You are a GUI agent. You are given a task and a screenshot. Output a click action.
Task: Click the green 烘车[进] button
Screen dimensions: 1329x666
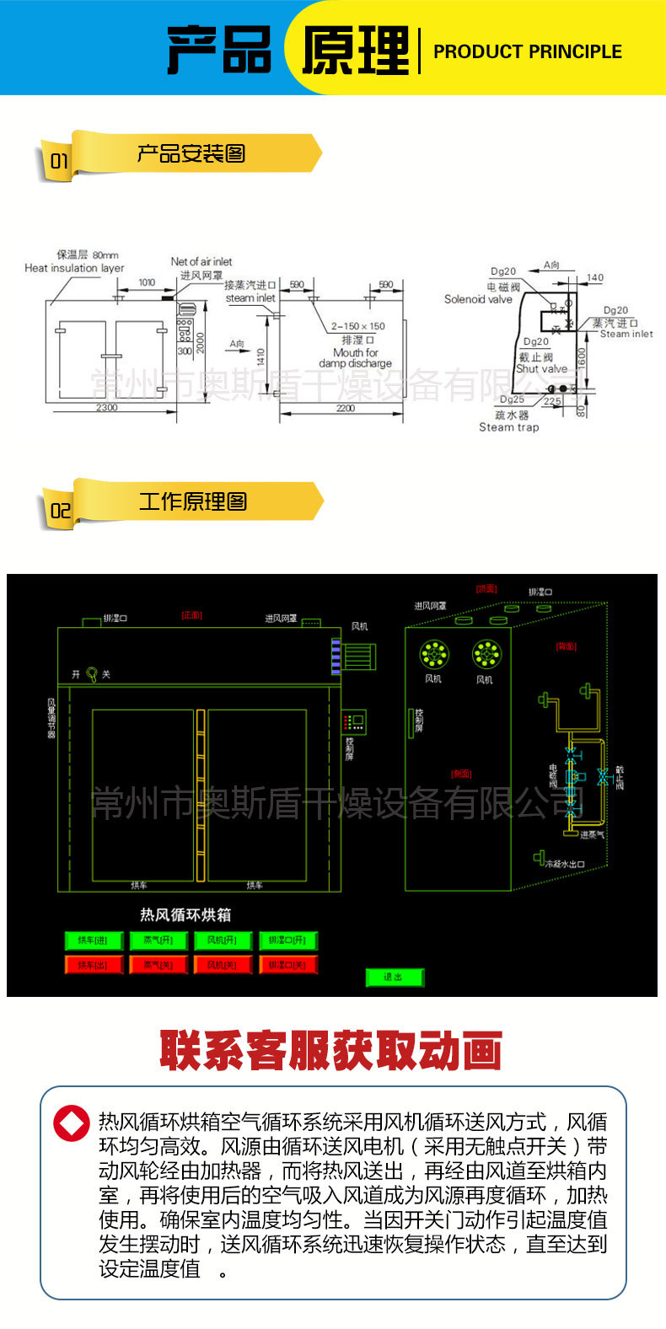pos(94,940)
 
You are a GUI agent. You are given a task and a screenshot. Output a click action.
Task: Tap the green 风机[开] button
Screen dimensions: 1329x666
pos(223,940)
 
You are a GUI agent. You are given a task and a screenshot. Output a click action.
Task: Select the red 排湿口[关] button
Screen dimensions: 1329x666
pos(287,965)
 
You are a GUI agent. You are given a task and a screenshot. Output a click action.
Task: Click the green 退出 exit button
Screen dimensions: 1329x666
pos(394,978)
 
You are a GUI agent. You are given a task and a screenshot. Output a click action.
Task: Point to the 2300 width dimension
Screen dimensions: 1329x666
pos(106,408)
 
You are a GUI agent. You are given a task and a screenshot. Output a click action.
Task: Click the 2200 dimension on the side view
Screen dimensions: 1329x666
pos(346,408)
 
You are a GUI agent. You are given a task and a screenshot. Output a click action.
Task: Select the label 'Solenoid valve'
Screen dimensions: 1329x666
pos(478,299)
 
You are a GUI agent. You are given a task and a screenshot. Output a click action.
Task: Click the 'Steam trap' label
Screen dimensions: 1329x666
pos(508,427)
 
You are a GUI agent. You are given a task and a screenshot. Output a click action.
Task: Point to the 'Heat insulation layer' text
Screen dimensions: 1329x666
pos(74,268)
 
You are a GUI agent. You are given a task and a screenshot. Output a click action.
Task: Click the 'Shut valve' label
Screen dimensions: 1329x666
pos(541,368)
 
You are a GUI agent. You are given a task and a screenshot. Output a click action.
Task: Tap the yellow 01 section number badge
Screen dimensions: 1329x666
pos(59,161)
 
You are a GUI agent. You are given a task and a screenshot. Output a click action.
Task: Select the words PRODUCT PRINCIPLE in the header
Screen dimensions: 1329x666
pos(528,51)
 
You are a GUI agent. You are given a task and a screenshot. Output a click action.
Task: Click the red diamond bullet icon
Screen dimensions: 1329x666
pos(71,1123)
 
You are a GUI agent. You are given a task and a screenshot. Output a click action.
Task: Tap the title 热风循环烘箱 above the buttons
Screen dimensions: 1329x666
pos(185,914)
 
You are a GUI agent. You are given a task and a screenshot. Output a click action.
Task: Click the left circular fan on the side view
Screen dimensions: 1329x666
pos(434,653)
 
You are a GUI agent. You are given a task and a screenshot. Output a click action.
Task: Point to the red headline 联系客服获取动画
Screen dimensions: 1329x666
pos(331,1051)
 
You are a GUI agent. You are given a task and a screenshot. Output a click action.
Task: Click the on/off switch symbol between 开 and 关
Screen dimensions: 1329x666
pos(92,674)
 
